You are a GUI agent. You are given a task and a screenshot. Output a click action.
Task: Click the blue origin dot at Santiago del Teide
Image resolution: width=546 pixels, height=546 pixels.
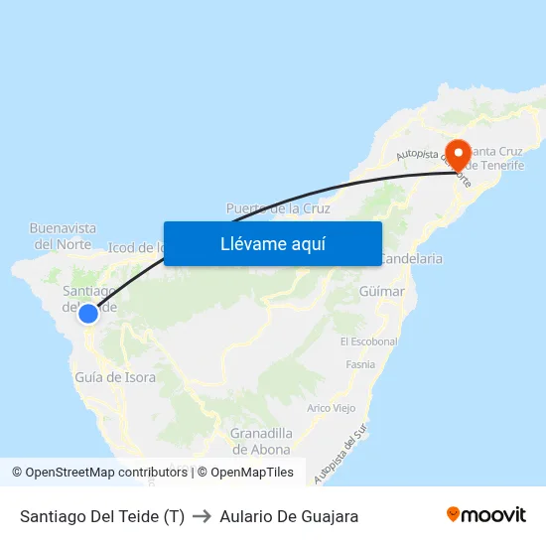[88, 314]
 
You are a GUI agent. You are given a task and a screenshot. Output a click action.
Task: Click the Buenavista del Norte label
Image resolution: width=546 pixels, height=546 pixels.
[64, 235]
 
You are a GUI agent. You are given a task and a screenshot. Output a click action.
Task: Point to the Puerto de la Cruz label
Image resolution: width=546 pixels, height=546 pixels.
[277, 208]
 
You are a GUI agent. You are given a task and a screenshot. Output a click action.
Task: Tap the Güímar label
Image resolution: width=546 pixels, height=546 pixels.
[382, 292]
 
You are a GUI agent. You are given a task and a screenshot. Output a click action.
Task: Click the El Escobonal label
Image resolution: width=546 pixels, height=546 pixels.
[368, 341]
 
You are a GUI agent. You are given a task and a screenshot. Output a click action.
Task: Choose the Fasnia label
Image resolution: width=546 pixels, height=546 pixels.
[360, 364]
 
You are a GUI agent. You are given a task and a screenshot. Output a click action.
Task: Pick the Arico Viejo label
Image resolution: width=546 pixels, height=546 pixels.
[332, 408]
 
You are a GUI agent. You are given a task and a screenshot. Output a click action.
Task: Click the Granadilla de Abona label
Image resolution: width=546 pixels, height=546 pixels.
[261, 441]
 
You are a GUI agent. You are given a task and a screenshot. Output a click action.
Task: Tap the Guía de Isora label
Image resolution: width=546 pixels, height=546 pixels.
[115, 377]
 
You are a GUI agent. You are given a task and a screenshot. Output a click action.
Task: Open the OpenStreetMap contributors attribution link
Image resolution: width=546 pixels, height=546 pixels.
[105, 473]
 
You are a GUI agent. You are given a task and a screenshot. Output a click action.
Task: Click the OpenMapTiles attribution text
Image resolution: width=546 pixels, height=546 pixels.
[245, 473]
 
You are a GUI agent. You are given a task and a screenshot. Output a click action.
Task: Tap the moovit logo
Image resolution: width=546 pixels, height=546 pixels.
[485, 515]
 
